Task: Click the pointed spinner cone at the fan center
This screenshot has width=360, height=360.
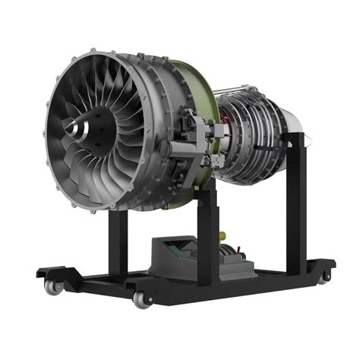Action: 74,127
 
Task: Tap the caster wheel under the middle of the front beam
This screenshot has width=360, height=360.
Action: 141,299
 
